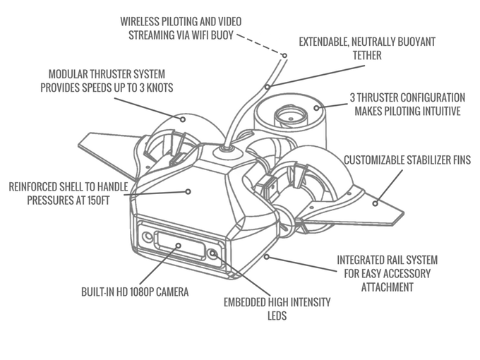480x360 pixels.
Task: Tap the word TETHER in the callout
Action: (367, 55)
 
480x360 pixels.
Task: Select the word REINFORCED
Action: (37, 187)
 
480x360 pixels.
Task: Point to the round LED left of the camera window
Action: (147, 236)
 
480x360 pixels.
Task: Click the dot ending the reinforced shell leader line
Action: (188, 191)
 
